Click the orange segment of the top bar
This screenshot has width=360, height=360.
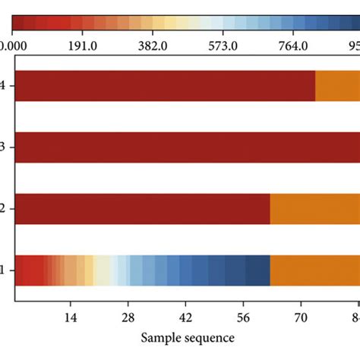click(x=337, y=86)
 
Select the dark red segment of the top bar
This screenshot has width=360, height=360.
click(x=164, y=86)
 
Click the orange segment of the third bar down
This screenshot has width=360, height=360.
click(x=314, y=209)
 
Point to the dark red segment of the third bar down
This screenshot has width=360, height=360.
click(x=142, y=209)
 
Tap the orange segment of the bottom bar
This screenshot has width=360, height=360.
click(x=314, y=270)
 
